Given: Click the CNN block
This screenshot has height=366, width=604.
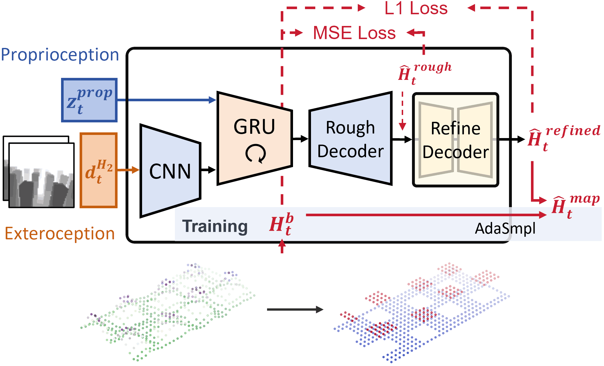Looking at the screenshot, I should point(170,171).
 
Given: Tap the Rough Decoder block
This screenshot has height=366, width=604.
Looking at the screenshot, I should point(350,139).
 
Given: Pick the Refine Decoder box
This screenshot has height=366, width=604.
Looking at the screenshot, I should point(455,140).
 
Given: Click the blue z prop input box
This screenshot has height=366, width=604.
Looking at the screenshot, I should point(89,100).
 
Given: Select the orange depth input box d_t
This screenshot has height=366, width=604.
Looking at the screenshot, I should point(98,170).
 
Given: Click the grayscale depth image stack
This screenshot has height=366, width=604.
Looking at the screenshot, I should point(39,172).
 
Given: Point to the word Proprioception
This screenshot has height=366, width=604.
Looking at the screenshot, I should point(60,55).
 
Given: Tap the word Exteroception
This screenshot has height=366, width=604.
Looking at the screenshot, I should point(60,234).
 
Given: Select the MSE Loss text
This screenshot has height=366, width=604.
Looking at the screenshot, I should point(354,33).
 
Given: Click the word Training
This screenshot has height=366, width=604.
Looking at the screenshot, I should point(215,226).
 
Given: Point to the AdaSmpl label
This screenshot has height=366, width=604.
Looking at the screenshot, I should point(505,229).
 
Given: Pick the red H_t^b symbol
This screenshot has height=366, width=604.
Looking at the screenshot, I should point(281,224).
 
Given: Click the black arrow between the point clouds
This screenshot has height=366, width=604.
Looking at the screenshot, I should point(295,310).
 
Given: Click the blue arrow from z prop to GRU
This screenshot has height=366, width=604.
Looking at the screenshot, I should point(167,100).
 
